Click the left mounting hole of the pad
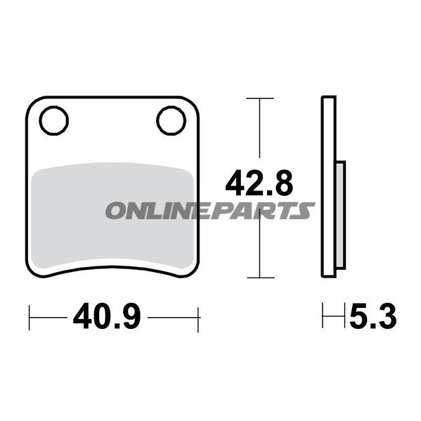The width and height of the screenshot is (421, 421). [53, 121]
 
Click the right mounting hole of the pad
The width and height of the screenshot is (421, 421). [169, 121]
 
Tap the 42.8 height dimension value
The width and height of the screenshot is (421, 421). [259, 184]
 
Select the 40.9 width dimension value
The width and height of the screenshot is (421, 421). [107, 318]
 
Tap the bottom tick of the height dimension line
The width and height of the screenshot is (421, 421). [261, 279]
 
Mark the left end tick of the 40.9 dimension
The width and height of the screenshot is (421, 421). [30, 318]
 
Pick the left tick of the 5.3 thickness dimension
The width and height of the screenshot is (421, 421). [323, 318]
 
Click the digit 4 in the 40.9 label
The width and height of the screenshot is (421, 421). [82, 318]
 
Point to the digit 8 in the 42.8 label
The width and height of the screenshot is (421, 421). [281, 184]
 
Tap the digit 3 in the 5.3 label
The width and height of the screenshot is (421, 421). [387, 318]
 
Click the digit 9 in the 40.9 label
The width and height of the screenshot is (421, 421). [132, 318]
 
